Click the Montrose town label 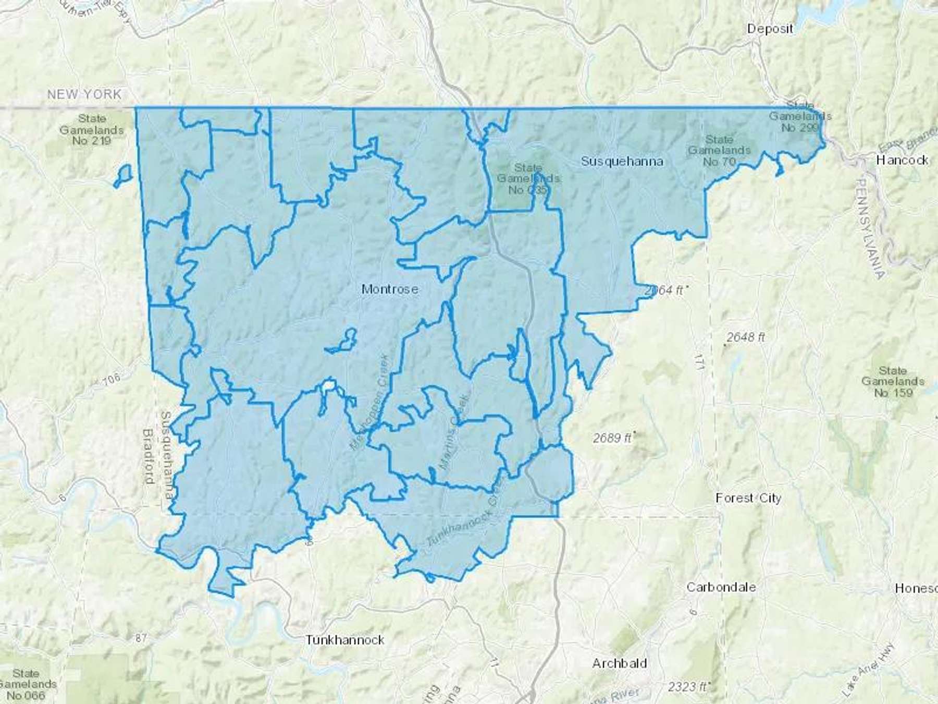(x=390, y=288)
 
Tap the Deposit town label (x=770, y=29)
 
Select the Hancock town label (x=902, y=160)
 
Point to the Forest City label (x=748, y=498)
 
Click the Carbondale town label (x=721, y=587)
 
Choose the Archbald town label (x=620, y=663)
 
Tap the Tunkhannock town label (x=345, y=639)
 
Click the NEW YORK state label (x=84, y=94)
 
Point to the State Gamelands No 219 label (x=92, y=130)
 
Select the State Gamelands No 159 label (x=893, y=382)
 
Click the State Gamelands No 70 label (x=719, y=150)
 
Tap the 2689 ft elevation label (x=612, y=438)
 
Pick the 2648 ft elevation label (x=746, y=337)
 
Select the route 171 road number (x=698, y=361)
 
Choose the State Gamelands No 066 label (x=26, y=684)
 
